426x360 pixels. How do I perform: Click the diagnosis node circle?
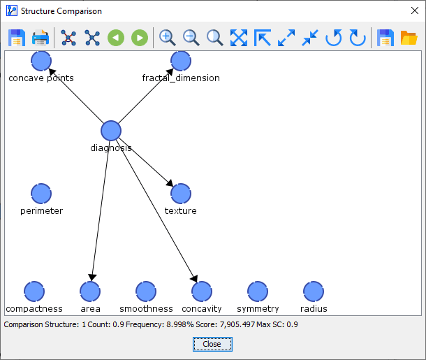click(x=111, y=131)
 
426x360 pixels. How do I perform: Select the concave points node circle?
click(x=41, y=61)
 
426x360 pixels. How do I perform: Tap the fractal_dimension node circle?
click(x=181, y=61)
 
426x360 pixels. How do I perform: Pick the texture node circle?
click(x=181, y=194)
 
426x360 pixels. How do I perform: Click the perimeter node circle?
click(x=41, y=194)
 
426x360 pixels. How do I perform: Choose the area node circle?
click(x=90, y=291)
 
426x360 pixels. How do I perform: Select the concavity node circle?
click(x=202, y=291)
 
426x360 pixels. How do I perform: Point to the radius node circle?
click(x=314, y=291)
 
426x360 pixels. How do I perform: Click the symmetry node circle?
click(x=258, y=291)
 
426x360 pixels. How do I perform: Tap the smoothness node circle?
click(x=146, y=291)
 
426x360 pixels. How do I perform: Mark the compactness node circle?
click(x=34, y=291)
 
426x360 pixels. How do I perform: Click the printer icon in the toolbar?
click(x=41, y=38)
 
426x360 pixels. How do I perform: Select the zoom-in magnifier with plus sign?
click(x=167, y=38)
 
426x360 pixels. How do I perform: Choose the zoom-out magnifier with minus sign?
click(x=191, y=38)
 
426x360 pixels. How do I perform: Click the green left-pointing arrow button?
click(x=116, y=38)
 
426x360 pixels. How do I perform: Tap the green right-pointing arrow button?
click(x=140, y=38)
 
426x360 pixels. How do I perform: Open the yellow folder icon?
click(x=409, y=38)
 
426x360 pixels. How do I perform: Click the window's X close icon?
click(x=415, y=10)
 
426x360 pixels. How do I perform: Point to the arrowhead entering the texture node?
click(x=170, y=183)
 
